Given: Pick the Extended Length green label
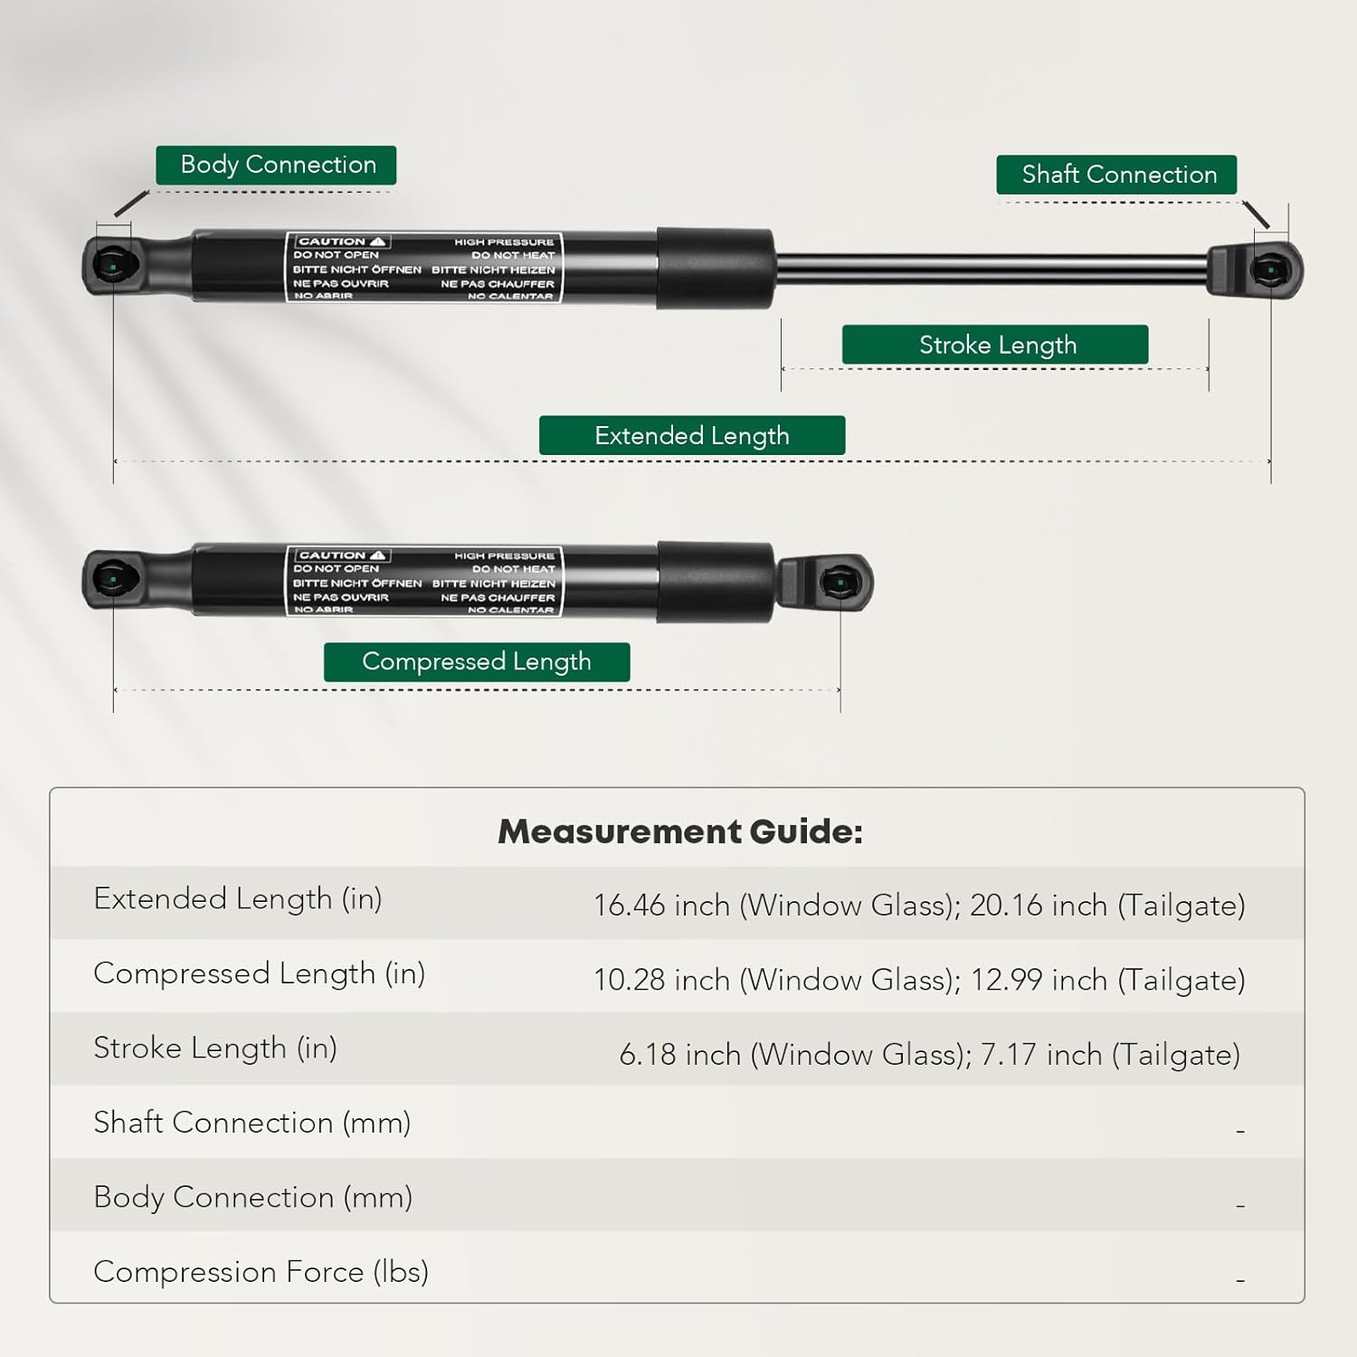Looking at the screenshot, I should (x=692, y=436).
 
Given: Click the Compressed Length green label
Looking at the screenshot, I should (x=477, y=662).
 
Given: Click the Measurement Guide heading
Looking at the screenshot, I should (x=679, y=831).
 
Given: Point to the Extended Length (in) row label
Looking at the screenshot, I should (x=238, y=899).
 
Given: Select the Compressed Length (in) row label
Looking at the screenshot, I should (x=260, y=973).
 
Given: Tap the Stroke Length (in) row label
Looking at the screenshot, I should (x=215, y=1049).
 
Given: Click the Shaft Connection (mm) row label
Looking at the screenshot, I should (x=252, y=1123).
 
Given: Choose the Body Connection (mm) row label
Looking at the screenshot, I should (x=253, y=1198).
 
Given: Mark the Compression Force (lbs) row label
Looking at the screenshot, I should (x=261, y=1272).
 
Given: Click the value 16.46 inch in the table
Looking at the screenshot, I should (x=661, y=906).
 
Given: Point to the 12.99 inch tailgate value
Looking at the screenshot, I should (x=1039, y=981).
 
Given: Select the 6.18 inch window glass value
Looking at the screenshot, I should (x=679, y=1055).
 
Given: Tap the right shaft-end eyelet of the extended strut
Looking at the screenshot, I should (x=1271, y=270).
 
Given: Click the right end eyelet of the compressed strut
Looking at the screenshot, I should (x=840, y=583).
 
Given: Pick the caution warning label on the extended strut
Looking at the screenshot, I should (x=424, y=268).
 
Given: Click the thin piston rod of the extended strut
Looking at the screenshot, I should (x=991, y=270).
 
